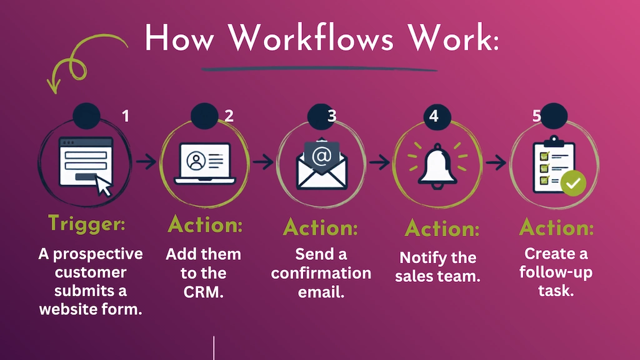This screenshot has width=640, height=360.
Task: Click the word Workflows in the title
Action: click(x=311, y=38)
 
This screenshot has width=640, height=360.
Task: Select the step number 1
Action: click(x=126, y=116)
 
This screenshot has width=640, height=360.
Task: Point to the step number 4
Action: click(x=434, y=116)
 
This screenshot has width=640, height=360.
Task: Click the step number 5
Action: click(x=537, y=116)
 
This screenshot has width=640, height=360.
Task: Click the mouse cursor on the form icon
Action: click(x=104, y=186)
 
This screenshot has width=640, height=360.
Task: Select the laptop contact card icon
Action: click(x=205, y=163)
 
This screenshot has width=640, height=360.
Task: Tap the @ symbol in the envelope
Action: click(x=322, y=156)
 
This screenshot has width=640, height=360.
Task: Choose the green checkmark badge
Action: click(x=574, y=183)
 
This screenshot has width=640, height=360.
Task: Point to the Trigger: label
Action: click(x=86, y=223)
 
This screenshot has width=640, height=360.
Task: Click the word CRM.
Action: click(x=203, y=291)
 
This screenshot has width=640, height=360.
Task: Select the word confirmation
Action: click(x=321, y=272)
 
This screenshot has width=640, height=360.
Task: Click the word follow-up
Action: click(x=556, y=272)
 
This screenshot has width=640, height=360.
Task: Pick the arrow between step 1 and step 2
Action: click(x=146, y=162)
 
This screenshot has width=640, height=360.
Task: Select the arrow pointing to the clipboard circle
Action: click(x=496, y=162)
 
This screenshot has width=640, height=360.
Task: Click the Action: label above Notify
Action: click(x=442, y=229)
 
